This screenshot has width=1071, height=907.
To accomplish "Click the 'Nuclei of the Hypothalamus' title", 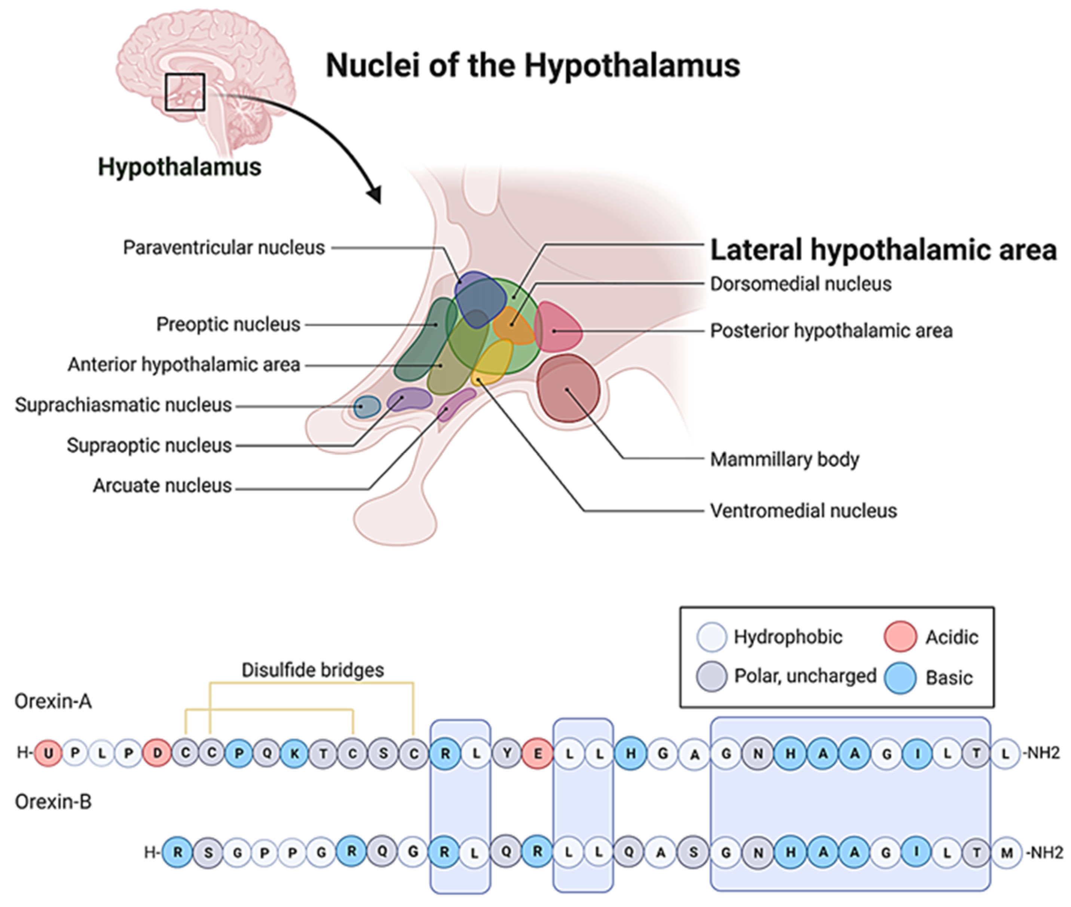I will point(533,66).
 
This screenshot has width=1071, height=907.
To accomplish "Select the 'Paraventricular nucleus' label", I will point(224,248).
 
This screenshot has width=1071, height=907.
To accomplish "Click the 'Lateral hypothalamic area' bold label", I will point(883,250).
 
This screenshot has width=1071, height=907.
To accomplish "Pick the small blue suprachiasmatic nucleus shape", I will point(367,407).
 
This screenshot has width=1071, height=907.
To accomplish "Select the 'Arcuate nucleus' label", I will point(162,485).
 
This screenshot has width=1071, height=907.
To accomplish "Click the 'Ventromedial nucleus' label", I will point(803,511).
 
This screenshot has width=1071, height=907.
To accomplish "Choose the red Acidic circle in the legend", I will point(900,637).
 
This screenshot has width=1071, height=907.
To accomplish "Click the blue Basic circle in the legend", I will point(900,678).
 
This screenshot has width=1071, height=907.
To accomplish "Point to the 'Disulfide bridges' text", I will point(313,670).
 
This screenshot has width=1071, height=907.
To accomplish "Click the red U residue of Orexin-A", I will point(48,754).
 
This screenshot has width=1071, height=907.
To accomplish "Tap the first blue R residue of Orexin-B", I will point(177,852).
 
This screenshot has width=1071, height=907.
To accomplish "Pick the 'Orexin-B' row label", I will point(53,802).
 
